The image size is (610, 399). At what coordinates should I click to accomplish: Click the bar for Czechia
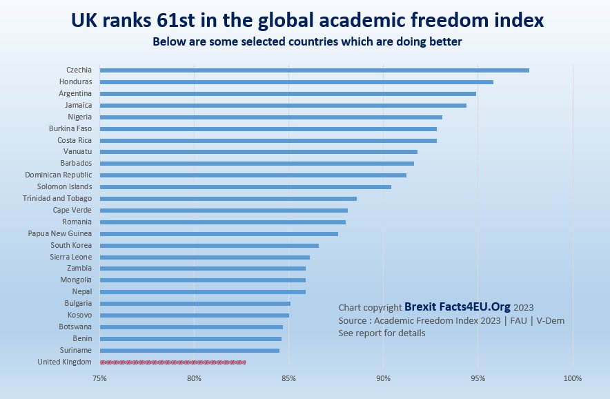point(314,70)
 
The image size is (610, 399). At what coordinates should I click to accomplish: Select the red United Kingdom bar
point(173,362)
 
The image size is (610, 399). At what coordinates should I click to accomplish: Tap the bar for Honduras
point(296,81)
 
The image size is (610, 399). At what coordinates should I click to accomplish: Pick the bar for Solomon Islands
point(245,186)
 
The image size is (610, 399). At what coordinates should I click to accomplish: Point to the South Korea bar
point(209,245)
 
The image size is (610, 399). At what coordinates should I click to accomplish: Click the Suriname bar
point(189,350)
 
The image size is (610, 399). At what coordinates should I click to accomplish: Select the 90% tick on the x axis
point(384,378)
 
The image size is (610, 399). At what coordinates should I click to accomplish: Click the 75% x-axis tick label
point(100,378)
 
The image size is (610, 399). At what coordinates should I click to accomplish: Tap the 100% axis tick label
point(573,378)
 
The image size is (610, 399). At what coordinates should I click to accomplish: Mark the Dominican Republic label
point(58,175)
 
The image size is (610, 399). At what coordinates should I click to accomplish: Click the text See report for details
point(382,333)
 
